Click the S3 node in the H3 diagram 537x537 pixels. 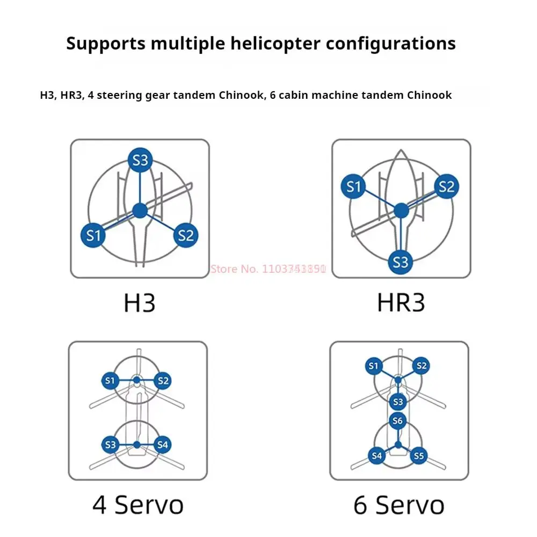click(140, 159)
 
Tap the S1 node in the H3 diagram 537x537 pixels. click(93, 235)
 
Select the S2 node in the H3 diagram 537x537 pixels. click(186, 235)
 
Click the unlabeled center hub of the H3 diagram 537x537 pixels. click(140, 210)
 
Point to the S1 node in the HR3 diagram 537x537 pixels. click(353, 187)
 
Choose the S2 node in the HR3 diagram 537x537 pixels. click(446, 186)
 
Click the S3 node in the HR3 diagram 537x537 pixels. click(401, 262)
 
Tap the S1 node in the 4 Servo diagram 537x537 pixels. click(110, 381)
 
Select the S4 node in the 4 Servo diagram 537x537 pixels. click(163, 445)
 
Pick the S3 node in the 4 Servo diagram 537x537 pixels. click(111, 445)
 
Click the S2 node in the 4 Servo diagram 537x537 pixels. click(163, 381)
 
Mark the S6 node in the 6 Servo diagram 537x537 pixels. click(397, 421)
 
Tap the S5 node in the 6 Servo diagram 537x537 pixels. click(419, 456)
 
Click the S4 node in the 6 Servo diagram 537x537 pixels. click(376, 456)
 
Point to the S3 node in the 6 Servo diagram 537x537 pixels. click(397, 401)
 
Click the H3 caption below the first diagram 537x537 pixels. click(140, 303)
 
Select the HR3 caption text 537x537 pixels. click(401, 303)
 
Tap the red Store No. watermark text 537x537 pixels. click(268, 269)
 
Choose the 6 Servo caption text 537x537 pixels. click(399, 505)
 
